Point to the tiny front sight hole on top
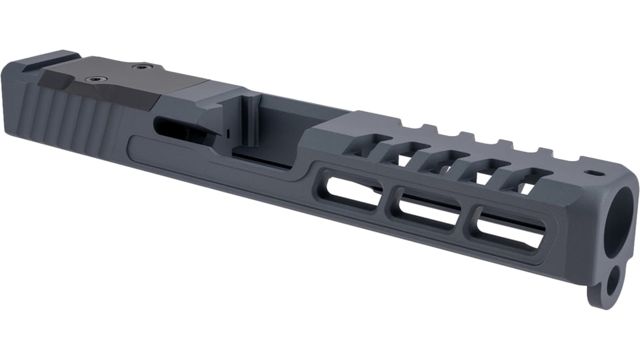(x=596, y=174)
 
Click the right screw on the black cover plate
(x=141, y=66)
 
